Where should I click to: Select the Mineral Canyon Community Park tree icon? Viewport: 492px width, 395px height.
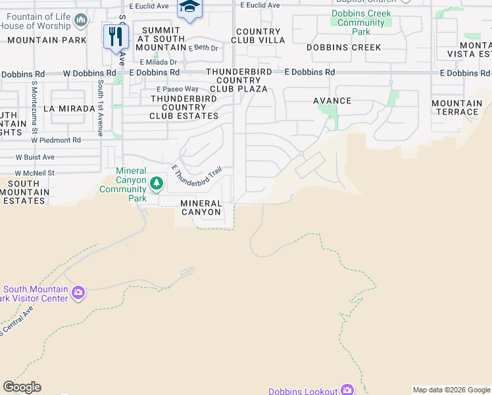pyautogui.click(x=156, y=182)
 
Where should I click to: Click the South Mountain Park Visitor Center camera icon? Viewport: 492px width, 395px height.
pyautogui.click(x=78, y=292)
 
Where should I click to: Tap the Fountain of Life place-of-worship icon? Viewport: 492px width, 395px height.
pyautogui.click(x=81, y=21)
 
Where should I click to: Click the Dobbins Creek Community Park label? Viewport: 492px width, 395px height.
pyautogui.click(x=361, y=22)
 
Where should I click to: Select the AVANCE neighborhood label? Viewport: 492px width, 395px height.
pyautogui.click(x=332, y=101)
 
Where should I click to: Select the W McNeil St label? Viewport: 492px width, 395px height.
pyautogui.click(x=34, y=173)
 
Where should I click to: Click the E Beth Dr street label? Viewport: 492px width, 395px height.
pyautogui.click(x=203, y=48)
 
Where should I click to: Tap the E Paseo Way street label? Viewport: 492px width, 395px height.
pyautogui.click(x=177, y=89)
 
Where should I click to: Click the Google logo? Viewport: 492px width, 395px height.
pyautogui.click(x=22, y=387)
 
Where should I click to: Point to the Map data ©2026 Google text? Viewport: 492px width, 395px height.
pyautogui.click(x=451, y=390)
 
